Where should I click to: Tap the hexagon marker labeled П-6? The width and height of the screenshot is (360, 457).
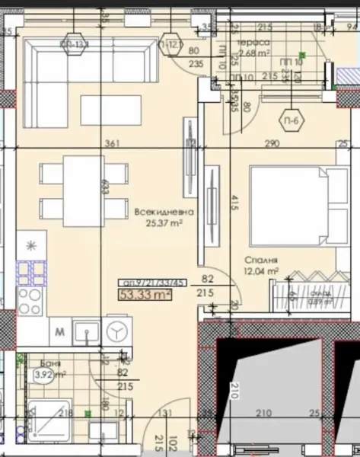tap(290, 122)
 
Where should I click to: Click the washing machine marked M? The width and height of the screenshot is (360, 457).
tap(59, 331)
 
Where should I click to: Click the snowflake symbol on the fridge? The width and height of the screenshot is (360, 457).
tap(30, 245)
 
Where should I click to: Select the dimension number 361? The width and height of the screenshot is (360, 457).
tap(112, 143)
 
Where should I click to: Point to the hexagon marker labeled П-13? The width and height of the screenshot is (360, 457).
tap(75, 43)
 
